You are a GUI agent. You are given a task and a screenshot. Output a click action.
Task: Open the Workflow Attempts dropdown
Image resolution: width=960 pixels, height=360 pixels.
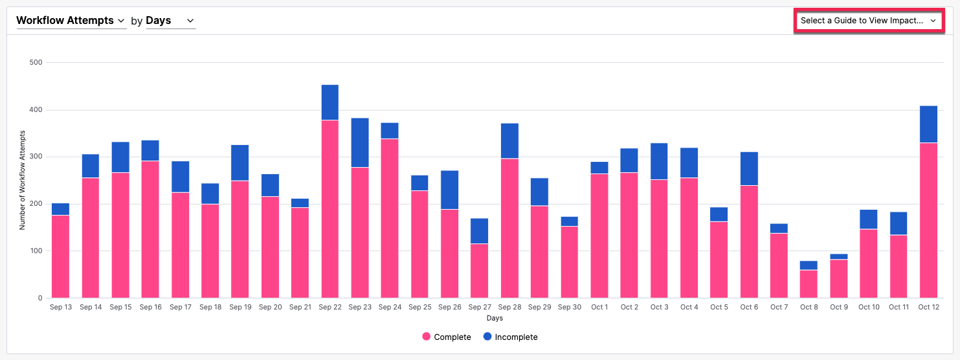(x=71, y=21)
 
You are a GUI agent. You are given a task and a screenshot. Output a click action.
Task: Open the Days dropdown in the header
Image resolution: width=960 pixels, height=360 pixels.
(x=170, y=21)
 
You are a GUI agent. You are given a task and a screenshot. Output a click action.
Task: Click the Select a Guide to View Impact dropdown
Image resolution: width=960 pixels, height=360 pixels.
(x=868, y=21)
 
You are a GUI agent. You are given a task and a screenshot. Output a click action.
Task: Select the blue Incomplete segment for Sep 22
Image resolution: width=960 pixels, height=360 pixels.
(x=329, y=102)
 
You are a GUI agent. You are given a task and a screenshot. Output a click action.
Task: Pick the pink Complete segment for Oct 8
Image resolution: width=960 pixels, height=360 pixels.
(x=809, y=284)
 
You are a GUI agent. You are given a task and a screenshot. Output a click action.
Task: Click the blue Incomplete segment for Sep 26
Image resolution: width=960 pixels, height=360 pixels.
(x=449, y=190)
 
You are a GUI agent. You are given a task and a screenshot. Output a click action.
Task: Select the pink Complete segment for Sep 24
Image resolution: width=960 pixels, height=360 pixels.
(x=390, y=218)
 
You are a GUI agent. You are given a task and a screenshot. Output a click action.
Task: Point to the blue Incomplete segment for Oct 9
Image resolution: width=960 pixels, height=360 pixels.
(x=838, y=256)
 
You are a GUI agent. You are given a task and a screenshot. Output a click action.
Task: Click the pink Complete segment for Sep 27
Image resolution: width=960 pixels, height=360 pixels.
(x=479, y=271)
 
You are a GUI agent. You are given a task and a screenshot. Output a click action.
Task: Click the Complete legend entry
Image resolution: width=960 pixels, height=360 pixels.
(x=447, y=337)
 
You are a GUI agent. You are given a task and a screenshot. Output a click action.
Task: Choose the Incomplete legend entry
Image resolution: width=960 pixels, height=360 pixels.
(x=510, y=337)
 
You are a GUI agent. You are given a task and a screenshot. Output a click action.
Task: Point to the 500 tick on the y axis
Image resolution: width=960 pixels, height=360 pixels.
(x=36, y=63)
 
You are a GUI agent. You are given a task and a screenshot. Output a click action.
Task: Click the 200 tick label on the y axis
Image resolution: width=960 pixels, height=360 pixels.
(x=36, y=204)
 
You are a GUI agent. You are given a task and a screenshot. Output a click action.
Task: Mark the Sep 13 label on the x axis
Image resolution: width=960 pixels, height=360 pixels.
(x=60, y=307)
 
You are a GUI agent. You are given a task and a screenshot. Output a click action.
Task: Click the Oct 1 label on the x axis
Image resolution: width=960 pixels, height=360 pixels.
(x=599, y=307)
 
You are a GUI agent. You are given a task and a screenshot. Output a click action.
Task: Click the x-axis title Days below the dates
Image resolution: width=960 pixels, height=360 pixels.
(x=495, y=318)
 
